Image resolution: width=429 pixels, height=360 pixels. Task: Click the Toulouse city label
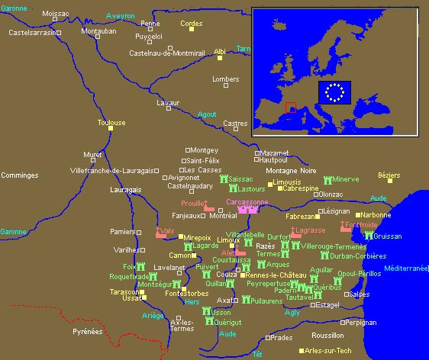tap(111, 122)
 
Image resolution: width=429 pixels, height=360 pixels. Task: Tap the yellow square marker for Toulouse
tap(111, 129)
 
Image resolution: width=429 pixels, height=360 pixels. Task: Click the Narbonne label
tap(373, 215)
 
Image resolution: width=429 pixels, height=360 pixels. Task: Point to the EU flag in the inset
tap(334, 92)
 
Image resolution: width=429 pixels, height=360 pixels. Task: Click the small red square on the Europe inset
tap(290, 107)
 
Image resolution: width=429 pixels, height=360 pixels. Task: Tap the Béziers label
tap(389, 175)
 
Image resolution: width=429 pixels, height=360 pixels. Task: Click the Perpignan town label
tap(361, 322)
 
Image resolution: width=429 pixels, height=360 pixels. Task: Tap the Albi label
tap(220, 52)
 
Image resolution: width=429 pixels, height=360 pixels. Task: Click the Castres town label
tap(235, 123)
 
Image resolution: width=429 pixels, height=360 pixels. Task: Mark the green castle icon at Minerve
tap(327, 180)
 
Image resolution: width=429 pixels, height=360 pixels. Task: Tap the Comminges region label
tap(20, 175)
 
